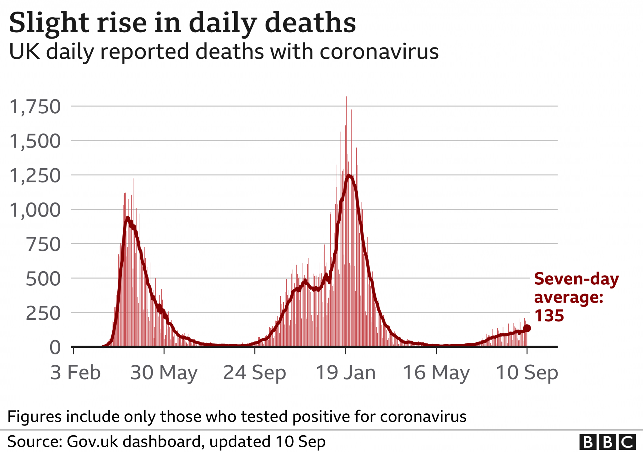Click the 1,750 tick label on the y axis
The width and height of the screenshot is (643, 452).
[x=35, y=107]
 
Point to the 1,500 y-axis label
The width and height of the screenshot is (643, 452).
[x=35, y=141]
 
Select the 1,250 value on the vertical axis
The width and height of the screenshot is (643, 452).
[x=35, y=176]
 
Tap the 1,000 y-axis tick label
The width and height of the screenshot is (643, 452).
[x=35, y=210]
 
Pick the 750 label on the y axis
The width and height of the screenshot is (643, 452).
[x=43, y=245]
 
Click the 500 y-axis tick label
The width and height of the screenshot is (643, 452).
[x=43, y=279]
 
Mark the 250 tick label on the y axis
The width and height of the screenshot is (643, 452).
[x=43, y=313]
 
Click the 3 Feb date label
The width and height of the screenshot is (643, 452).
[x=75, y=373]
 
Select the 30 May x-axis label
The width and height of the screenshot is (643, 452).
[x=164, y=373]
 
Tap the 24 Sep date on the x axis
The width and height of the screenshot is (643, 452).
[x=255, y=373]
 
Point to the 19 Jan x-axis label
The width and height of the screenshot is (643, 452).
[x=345, y=373]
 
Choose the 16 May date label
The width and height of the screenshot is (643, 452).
[x=436, y=373]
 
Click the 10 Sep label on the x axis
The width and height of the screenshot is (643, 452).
[x=527, y=373]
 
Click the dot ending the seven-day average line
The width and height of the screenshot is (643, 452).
[x=527, y=328]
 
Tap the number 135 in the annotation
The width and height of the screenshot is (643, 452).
[x=549, y=316]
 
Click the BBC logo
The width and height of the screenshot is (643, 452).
[x=608, y=442]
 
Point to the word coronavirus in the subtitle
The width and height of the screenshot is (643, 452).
[x=379, y=51]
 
